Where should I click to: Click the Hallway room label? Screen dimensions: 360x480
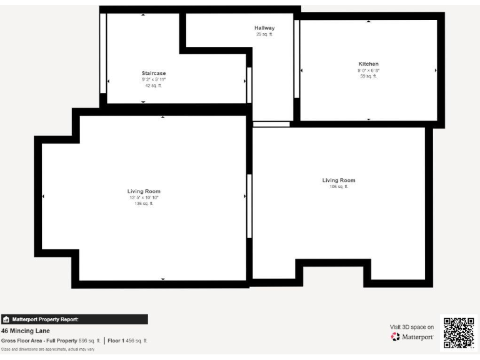(x=264, y=28)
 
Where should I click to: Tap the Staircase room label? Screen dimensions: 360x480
(x=153, y=73)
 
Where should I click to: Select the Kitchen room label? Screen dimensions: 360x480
(x=368, y=64)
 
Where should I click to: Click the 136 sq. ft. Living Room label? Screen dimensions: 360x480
(x=144, y=191)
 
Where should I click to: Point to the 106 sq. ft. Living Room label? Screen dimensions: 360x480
(x=339, y=181)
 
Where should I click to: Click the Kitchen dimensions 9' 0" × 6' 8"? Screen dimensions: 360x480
(x=368, y=71)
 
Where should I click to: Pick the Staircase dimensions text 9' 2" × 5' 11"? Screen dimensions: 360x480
(x=153, y=79)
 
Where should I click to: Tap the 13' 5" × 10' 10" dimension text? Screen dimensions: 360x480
(x=144, y=197)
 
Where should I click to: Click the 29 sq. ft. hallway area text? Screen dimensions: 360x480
(x=264, y=34)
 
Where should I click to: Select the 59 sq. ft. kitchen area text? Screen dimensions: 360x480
(x=368, y=76)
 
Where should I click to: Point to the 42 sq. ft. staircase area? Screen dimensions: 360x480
(x=153, y=86)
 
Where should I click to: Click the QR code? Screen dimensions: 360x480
(x=459, y=332)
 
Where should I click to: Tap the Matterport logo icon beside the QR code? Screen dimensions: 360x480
(x=396, y=337)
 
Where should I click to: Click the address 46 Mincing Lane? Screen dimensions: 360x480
(x=26, y=331)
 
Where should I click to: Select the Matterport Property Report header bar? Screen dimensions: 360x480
(x=74, y=319)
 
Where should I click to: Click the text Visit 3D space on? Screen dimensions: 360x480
(x=411, y=326)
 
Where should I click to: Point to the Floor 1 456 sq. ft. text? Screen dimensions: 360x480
(x=127, y=341)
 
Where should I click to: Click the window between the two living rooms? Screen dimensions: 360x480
(x=249, y=206)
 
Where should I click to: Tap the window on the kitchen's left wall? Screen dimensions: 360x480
(x=297, y=59)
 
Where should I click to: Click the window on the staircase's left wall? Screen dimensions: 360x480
(x=103, y=53)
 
